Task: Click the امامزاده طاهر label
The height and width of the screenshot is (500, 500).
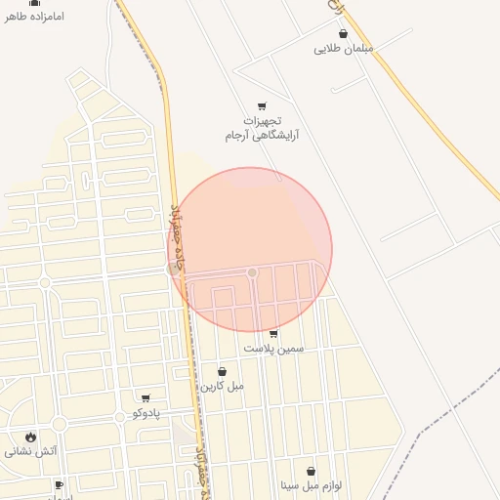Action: coord(34,17)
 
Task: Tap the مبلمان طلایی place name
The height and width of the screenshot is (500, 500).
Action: coord(344,48)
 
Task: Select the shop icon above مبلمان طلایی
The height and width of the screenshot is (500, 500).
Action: coord(343,33)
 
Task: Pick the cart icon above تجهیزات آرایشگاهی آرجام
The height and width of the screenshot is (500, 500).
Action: coord(262,105)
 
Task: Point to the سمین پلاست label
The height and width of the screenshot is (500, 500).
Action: coord(273,348)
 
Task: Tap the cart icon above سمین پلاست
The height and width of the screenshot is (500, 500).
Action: coord(272,334)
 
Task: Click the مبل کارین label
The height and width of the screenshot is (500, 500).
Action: coord(222,386)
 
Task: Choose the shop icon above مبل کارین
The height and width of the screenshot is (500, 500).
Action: coord(222,371)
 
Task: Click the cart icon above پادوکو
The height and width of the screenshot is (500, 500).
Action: coord(146,398)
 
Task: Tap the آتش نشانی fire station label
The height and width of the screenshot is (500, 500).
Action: coord(31,451)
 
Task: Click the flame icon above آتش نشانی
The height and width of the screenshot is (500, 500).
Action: coord(31,437)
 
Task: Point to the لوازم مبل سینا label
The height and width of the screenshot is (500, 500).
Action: coord(311,485)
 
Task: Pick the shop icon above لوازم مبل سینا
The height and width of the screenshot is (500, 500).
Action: coord(311,471)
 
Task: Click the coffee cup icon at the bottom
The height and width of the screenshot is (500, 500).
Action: coord(59,484)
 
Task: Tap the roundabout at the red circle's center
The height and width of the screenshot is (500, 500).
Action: coord(252,271)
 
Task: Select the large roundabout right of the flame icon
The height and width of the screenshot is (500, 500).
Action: coord(59,424)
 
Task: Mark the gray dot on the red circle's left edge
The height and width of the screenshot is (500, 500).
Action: coord(174,268)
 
